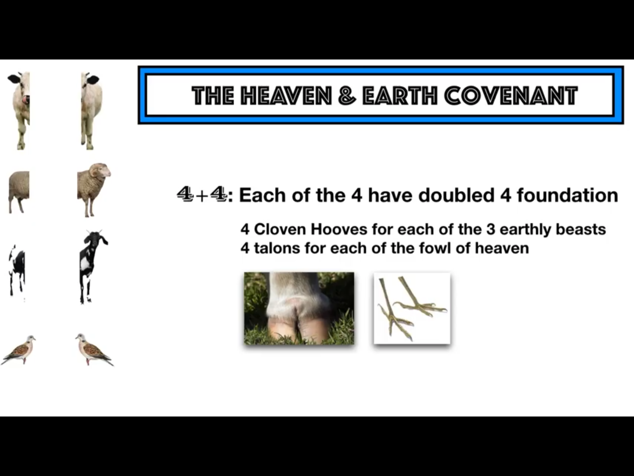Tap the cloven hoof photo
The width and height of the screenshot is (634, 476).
(x=299, y=308)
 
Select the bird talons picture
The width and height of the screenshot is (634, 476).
(x=412, y=308)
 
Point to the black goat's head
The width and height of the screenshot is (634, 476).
(x=94, y=240)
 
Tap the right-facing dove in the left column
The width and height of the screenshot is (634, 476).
(x=19, y=350)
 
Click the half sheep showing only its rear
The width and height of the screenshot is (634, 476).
(x=19, y=192)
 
